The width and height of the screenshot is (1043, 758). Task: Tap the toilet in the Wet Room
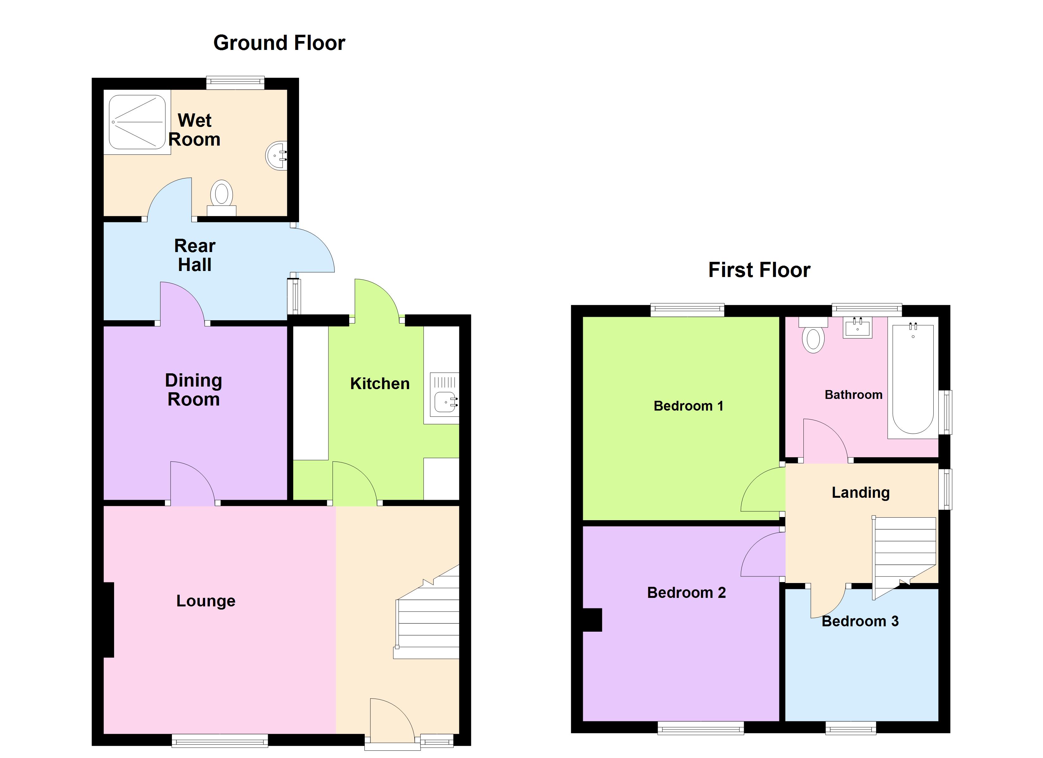pos(222,198)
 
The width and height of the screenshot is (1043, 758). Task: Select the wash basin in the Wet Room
pos(276,156)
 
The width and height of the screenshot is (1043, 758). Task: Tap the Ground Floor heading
pos(279,43)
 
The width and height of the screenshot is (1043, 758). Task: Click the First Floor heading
pos(759,270)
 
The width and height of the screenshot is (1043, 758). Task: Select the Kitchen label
pos(380,383)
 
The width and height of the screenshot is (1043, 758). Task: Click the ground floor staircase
pos(426,612)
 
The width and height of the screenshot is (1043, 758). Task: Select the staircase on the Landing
pos(905,557)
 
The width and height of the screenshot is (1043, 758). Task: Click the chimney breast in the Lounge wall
pos(108,620)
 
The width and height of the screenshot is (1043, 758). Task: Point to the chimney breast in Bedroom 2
pos(592,620)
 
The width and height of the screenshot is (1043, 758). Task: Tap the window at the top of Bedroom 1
pos(687,310)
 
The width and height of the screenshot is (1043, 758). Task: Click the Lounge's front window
pos(220,741)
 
